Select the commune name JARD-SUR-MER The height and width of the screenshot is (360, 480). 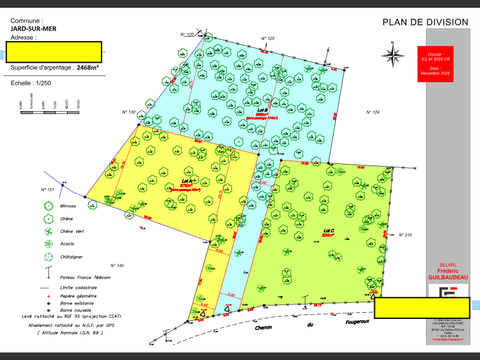click(32, 29)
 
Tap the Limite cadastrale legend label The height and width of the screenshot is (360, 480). click(85, 288)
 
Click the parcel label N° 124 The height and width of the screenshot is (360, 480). click(376, 112)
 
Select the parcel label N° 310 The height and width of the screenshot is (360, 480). click(405, 235)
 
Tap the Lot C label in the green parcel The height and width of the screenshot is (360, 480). click(328, 231)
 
